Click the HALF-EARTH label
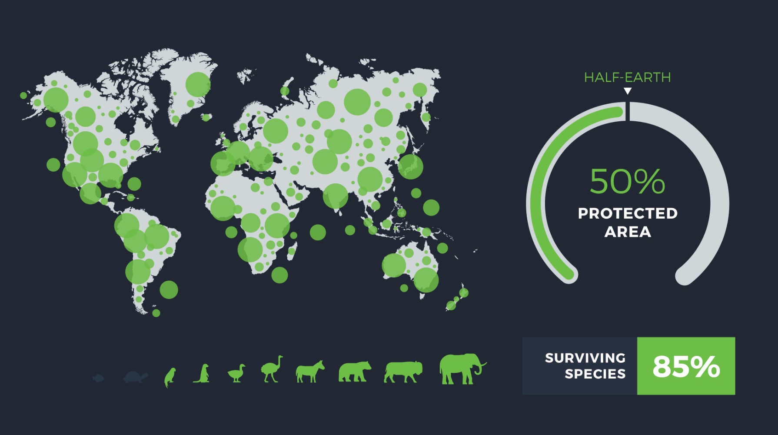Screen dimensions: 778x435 point(627,77)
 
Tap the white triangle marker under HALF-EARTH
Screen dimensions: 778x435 point(627,91)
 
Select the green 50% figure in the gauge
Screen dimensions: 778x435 point(627,181)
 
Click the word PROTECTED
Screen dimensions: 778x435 point(628,213)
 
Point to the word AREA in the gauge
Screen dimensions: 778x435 point(628,232)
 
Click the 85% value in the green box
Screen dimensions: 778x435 point(686,366)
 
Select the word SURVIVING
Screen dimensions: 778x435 point(585,358)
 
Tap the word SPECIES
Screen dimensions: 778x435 point(595,374)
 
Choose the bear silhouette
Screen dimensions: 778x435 point(355,372)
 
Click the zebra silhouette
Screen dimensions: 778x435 point(310,372)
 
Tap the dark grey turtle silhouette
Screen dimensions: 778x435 point(136,377)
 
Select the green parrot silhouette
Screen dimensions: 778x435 point(170,377)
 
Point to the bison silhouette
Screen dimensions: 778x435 point(403,372)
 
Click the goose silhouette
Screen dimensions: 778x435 point(236,373)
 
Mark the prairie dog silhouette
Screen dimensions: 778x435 point(202,373)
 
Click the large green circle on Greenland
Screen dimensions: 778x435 point(198,84)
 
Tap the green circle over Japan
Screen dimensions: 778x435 point(410,166)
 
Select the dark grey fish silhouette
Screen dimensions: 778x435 point(98,378)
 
